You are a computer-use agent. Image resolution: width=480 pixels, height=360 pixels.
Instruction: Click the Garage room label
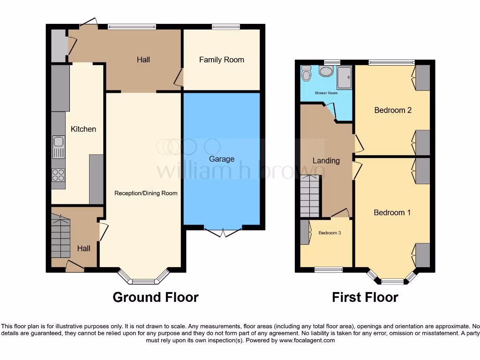[221, 159]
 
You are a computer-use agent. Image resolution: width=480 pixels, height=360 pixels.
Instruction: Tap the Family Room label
[221, 60]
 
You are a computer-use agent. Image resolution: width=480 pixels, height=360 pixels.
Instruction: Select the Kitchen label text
[83, 129]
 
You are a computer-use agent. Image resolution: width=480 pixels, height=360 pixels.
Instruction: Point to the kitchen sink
[59, 147]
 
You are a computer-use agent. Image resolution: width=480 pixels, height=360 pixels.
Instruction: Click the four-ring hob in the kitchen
[58, 175]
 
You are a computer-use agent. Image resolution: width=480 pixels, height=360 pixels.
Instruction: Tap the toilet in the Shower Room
[307, 74]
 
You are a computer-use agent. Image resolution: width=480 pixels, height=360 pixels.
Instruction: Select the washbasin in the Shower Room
[325, 71]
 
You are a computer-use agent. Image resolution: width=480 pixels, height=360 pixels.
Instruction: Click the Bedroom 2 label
[392, 110]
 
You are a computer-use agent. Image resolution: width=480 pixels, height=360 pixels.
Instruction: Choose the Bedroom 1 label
[392, 212]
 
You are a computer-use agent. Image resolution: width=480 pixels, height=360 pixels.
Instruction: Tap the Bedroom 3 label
[330, 233]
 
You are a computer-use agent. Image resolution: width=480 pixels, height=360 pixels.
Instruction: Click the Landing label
[326, 161]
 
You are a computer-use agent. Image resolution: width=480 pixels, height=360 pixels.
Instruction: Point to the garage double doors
[223, 231]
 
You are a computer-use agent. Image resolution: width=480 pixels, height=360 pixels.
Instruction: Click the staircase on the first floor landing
[310, 196]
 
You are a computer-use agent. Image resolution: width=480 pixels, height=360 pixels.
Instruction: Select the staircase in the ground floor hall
[60, 234]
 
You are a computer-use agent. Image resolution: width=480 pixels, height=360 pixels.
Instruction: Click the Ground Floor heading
[155, 297]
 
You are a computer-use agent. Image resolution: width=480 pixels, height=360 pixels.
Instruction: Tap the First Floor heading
[365, 297]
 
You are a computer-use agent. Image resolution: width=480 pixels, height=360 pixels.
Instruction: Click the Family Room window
[225, 26]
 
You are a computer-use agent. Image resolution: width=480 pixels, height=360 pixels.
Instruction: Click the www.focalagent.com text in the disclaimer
[307, 340]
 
